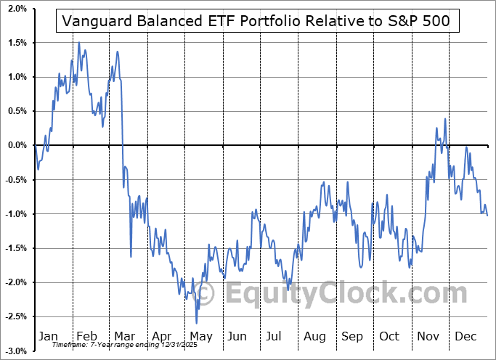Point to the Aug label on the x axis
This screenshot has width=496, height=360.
click(x=314, y=337)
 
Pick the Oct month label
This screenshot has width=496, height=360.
click(x=389, y=337)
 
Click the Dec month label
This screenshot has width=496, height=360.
click(x=465, y=337)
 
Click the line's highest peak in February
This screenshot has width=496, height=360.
click(x=79, y=43)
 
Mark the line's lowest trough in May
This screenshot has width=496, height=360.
click(x=196, y=323)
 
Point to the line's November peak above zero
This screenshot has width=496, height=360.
click(x=444, y=119)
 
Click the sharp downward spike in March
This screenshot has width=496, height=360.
click(x=131, y=256)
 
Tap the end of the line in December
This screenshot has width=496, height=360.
click(x=487, y=216)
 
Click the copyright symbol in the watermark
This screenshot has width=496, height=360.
click(x=206, y=294)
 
